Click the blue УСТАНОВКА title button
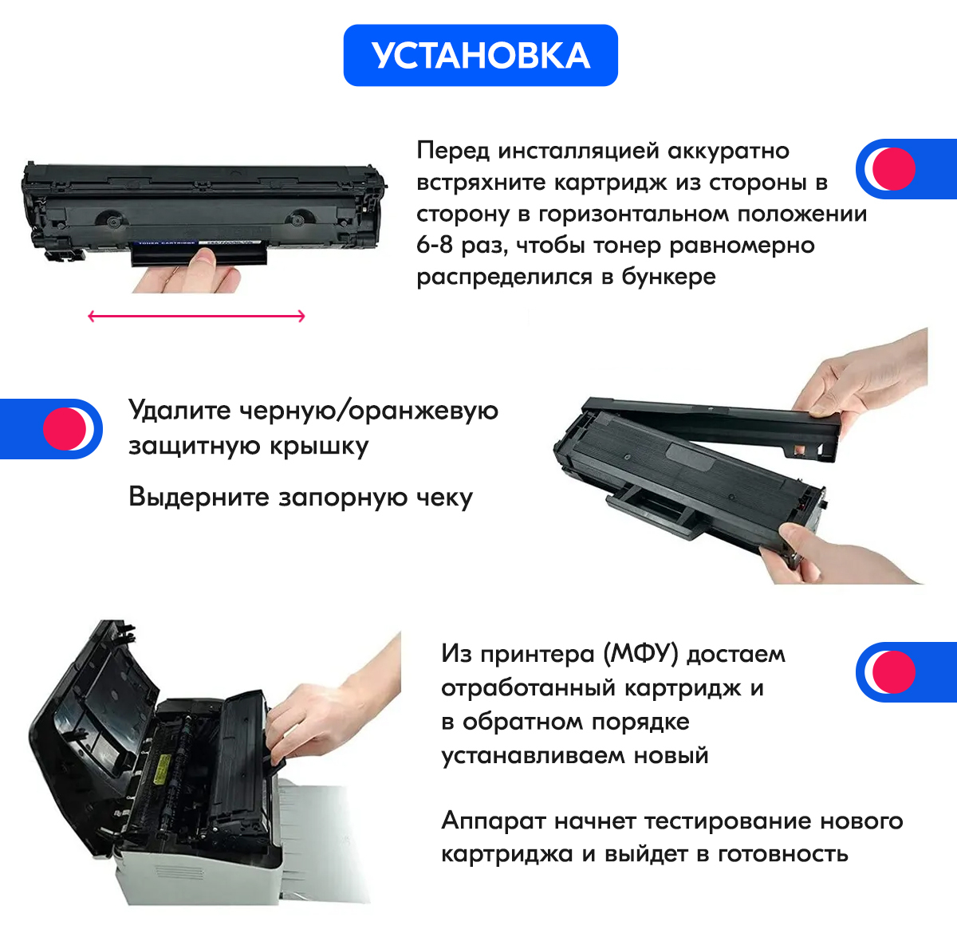point(480,55)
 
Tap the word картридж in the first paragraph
point(610,183)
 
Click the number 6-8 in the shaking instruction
point(435,245)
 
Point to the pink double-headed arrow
point(196,316)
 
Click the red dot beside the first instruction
point(893,169)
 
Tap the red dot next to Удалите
point(65,429)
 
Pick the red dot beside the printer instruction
point(893,672)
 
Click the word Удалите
point(179,411)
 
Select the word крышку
point(319,446)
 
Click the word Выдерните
point(199,497)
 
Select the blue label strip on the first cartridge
point(165,243)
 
